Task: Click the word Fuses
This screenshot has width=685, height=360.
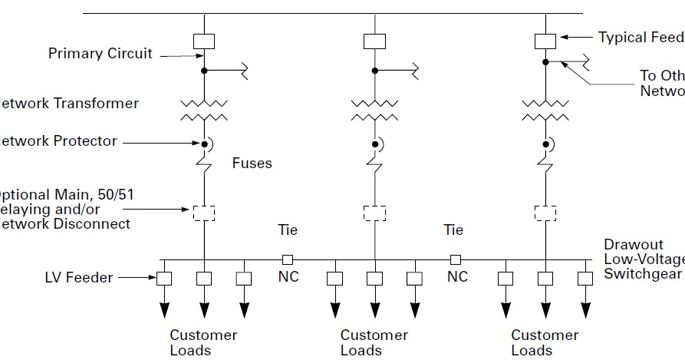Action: pos(252,163)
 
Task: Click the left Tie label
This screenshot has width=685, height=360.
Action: pos(288,230)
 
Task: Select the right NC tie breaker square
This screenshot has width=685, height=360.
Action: pos(456,259)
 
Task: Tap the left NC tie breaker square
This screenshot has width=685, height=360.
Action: pos(287,259)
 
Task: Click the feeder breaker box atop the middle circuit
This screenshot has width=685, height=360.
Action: pos(374,41)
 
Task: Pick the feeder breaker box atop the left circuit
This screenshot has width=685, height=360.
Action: pos(204,41)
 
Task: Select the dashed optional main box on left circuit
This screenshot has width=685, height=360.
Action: pos(204,212)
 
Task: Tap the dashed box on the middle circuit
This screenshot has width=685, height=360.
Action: pos(374,212)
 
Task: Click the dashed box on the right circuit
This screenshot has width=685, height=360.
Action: pos(545,212)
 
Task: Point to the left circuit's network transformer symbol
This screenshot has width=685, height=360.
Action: pos(204,109)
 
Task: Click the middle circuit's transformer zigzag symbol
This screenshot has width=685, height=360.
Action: pos(374,109)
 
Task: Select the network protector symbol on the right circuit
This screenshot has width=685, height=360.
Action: pos(546,144)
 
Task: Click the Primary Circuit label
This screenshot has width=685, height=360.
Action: pos(100,54)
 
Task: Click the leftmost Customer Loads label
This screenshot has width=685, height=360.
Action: pos(203,342)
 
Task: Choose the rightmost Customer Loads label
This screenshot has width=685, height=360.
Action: pos(545,342)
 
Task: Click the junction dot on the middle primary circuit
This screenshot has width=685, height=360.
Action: pos(374,71)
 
